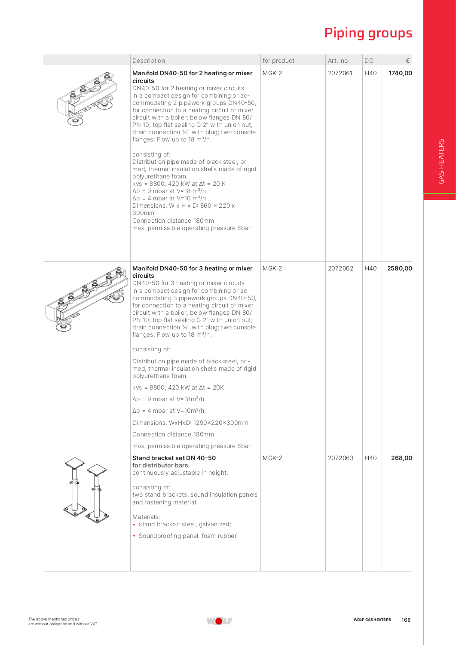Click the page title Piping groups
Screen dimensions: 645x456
(x=368, y=33)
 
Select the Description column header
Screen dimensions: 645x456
(x=149, y=61)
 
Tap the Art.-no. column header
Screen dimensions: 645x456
(x=339, y=61)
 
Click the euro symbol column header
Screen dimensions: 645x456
(x=407, y=61)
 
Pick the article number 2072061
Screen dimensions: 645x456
(x=340, y=73)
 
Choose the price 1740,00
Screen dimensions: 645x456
(x=400, y=73)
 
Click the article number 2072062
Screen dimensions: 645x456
(x=340, y=268)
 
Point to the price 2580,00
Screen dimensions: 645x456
(x=399, y=268)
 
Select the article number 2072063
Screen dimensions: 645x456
(x=340, y=458)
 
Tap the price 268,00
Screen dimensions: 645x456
(x=401, y=458)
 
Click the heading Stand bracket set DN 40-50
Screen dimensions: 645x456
(x=174, y=458)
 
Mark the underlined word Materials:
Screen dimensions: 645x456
(x=146, y=517)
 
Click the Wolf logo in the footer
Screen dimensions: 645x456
(x=219, y=621)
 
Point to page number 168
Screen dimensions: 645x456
(x=406, y=620)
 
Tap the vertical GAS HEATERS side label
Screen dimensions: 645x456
(x=441, y=161)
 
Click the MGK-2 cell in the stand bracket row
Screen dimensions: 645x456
(x=272, y=458)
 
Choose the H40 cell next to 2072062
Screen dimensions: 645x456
(x=370, y=268)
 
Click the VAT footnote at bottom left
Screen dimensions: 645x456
(x=63, y=621)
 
